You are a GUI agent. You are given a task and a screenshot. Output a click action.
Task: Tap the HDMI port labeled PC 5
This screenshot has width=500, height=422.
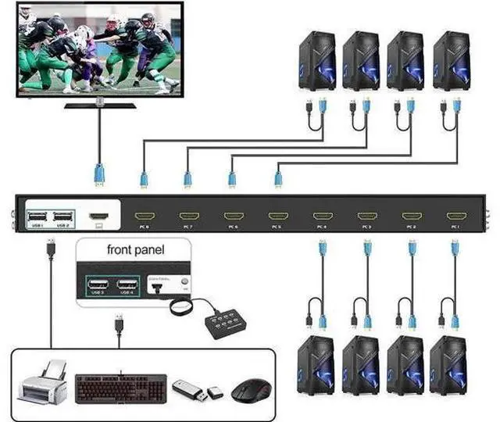tap(277, 215)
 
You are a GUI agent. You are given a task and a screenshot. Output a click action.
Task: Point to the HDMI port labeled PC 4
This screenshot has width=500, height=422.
tap(322, 215)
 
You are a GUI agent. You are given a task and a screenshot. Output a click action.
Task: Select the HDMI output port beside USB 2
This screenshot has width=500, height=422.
tap(98, 215)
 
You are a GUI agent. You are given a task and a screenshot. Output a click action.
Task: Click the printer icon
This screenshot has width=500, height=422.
tap(42, 383)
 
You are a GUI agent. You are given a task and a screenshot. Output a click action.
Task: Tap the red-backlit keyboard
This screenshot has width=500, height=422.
tap(121, 386)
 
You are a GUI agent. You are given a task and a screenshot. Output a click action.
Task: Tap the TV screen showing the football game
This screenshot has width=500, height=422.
tap(98, 49)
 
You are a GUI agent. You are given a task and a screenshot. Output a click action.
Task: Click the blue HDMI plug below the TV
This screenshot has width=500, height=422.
tap(99, 173)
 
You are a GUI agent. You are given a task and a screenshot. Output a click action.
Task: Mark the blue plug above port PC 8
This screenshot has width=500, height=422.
tap(144, 180)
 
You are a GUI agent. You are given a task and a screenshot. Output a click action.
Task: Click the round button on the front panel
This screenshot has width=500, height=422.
tap(184, 281)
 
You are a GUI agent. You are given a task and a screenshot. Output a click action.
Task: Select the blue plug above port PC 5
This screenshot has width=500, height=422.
tap(277, 180)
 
